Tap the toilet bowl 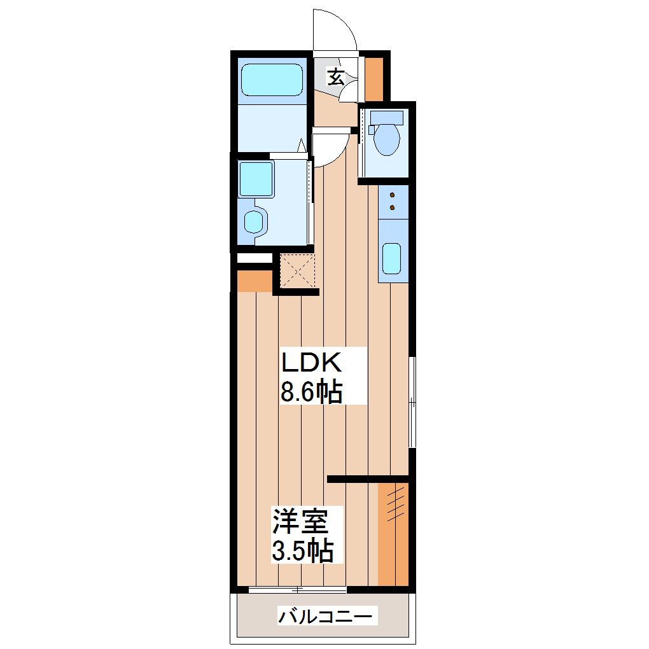click(387, 138)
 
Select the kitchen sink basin click(391, 258)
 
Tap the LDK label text click(312, 363)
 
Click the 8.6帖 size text click(312, 391)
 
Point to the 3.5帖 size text click(303, 551)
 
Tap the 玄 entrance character click(336, 77)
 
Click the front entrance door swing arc click(335, 29)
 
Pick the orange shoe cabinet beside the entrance click(373, 79)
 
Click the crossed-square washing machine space click(298, 271)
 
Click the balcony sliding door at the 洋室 click(297, 590)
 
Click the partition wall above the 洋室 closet click(367, 478)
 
